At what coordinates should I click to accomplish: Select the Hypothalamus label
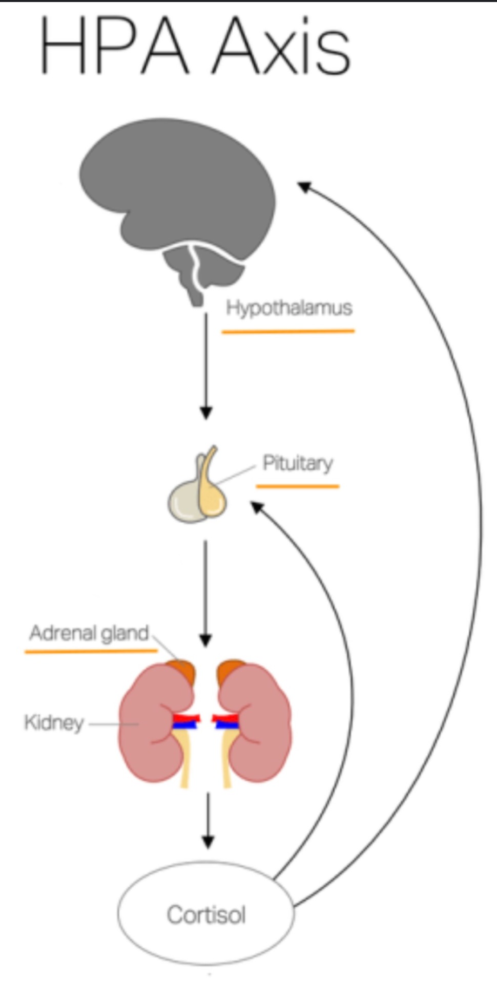click(289, 308)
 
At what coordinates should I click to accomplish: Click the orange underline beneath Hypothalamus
click(288, 332)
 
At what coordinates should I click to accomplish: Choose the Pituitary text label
click(298, 463)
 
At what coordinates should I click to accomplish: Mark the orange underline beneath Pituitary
click(298, 486)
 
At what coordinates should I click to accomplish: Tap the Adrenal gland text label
click(89, 633)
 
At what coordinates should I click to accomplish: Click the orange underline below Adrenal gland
click(91, 651)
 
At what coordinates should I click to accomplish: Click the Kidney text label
click(54, 723)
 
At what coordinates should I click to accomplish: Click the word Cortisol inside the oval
click(206, 915)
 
